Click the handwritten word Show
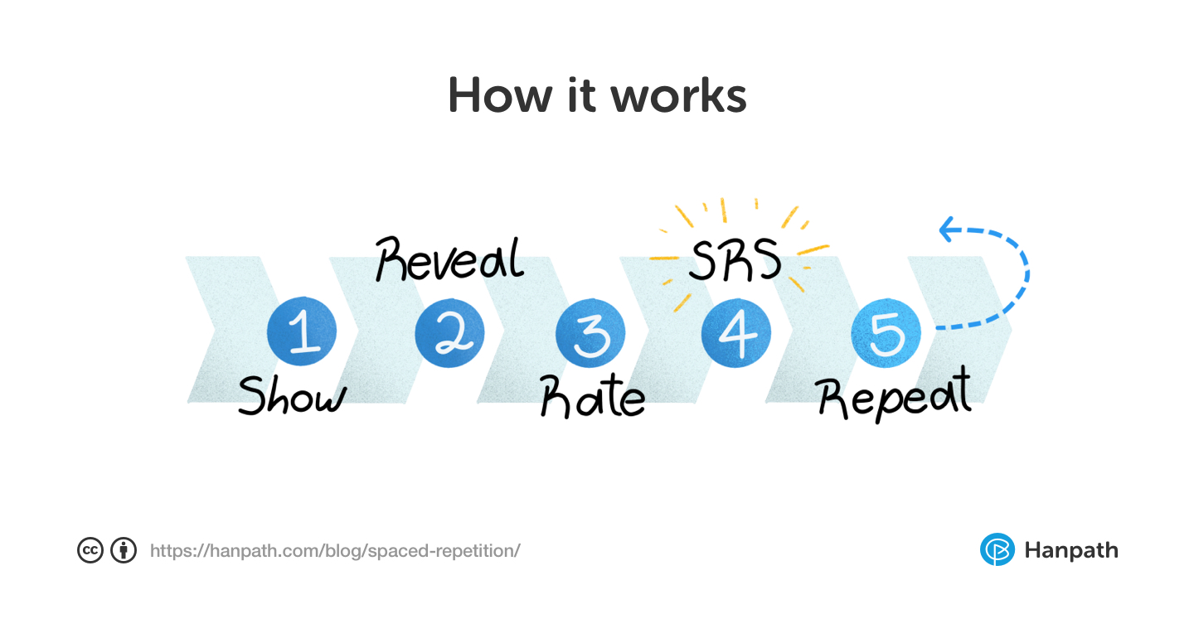[291, 396]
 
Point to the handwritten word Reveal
[449, 259]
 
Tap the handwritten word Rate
[592, 398]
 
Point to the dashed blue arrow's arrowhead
[948, 230]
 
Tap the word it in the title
[580, 95]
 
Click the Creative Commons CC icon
[90, 550]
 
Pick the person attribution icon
[124, 550]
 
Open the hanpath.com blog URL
[335, 550]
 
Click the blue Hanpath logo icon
[997, 549]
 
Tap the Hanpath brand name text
[1071, 550]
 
